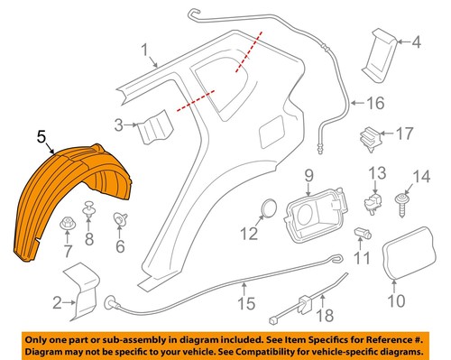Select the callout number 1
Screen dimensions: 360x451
coord(144,50)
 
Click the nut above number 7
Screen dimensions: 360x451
coord(65,222)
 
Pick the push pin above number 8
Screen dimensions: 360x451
coord(89,213)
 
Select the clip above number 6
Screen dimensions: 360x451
coord(121,219)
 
